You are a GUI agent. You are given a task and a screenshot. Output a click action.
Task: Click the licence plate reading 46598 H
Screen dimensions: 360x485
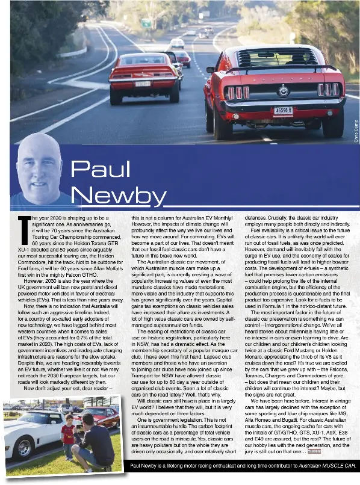pyautogui.click(x=283, y=110)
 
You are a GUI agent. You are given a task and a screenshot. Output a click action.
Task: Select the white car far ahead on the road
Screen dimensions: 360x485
pyautogui.click(x=177, y=43)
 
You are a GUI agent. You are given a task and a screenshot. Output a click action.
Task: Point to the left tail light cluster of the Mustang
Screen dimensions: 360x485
pyautogui.click(x=237, y=92)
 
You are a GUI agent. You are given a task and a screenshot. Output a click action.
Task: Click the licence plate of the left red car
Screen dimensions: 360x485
pyautogui.click(x=143, y=84)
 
